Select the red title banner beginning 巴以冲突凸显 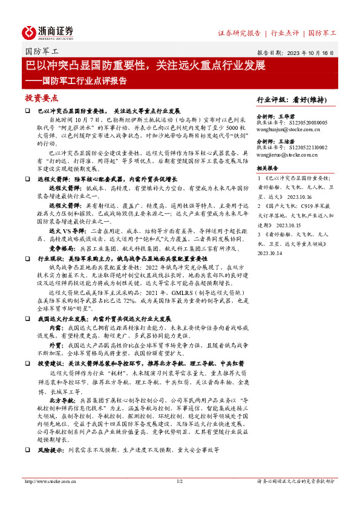[145, 64]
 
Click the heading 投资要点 [41, 97]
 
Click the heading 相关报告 [267, 168]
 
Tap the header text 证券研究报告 [238, 33]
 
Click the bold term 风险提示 [51, 467]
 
